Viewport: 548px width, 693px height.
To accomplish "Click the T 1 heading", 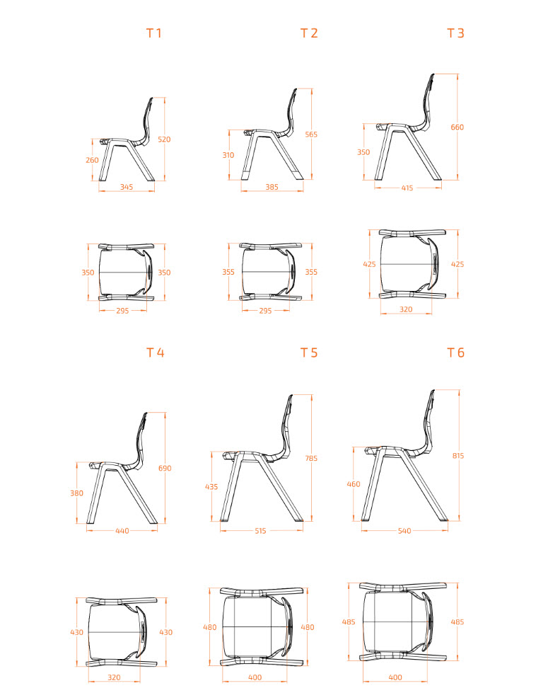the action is click(x=153, y=33).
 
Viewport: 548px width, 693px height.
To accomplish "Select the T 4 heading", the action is click(x=155, y=353).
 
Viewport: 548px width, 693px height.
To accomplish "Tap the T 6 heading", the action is click(x=455, y=353).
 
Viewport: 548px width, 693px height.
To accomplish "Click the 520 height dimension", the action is click(x=164, y=139).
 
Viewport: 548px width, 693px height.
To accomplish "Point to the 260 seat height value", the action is click(x=93, y=160).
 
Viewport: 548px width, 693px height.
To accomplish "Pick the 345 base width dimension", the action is click(x=127, y=187).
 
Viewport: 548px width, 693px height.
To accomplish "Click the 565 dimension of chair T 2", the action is click(x=311, y=134).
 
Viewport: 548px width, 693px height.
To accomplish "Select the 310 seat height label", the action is click(x=228, y=155).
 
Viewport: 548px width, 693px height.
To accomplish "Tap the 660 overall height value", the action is click(x=457, y=127).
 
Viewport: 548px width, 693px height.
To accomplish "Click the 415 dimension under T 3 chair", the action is click(x=407, y=188).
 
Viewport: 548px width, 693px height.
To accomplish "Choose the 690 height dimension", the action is click(x=165, y=468).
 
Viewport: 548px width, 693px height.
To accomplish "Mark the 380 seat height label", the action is click(x=77, y=493).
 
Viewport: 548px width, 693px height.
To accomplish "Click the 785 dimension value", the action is click(x=311, y=458).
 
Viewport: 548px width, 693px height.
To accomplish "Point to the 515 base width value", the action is click(x=260, y=531).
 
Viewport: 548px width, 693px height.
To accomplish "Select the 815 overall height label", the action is click(x=458, y=456).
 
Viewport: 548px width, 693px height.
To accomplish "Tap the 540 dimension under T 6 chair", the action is click(x=404, y=531).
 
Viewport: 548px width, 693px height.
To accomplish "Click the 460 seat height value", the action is click(x=354, y=484).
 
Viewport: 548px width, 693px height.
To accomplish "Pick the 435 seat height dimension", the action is click(x=211, y=486).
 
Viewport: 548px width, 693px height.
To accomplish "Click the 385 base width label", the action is click(x=272, y=187).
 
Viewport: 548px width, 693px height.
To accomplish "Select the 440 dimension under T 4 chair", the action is click(x=122, y=531).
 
